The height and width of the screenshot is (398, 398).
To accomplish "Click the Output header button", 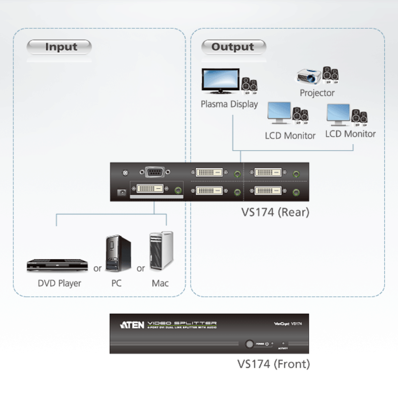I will [x=233, y=47].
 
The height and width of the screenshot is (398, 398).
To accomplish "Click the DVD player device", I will [x=57, y=265].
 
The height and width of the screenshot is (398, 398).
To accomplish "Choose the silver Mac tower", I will [x=161, y=250].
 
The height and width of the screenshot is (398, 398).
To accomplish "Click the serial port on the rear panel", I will [x=155, y=172].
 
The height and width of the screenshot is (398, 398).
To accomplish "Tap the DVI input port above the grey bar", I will [x=150, y=189].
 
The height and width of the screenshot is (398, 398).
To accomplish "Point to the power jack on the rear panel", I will [x=122, y=192].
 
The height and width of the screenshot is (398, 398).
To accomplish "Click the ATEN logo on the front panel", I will [x=132, y=325].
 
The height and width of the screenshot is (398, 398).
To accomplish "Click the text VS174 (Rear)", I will [x=275, y=212].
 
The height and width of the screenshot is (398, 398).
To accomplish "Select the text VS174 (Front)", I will [x=273, y=364].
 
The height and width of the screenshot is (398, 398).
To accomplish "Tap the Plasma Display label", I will [x=229, y=104].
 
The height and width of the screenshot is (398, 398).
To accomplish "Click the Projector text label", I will [x=317, y=93].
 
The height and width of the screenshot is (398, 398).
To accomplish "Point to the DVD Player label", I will [x=59, y=283].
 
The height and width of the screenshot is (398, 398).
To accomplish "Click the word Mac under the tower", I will [x=160, y=283].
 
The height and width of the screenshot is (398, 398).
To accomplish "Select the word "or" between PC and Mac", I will [x=141, y=269].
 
